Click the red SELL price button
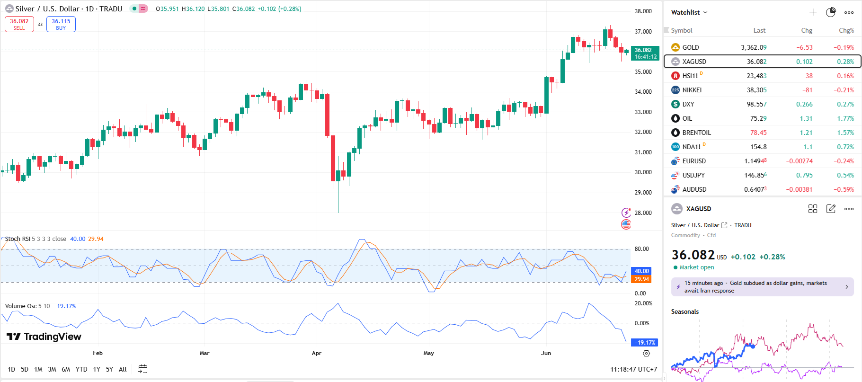(x=19, y=24)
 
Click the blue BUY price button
(x=61, y=24)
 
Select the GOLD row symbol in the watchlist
(x=690, y=47)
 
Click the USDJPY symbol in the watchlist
(x=693, y=175)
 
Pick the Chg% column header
(x=846, y=30)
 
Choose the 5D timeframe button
(x=25, y=369)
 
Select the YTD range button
(x=81, y=369)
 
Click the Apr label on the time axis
(x=317, y=353)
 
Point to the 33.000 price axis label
(x=643, y=112)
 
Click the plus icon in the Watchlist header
(x=813, y=12)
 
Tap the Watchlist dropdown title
(x=689, y=12)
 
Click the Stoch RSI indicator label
(x=18, y=239)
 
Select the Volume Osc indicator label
(x=21, y=306)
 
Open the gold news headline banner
(x=762, y=287)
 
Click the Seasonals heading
(x=684, y=311)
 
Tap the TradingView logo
(x=44, y=337)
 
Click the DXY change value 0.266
(x=804, y=104)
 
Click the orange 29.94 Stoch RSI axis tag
(x=641, y=279)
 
